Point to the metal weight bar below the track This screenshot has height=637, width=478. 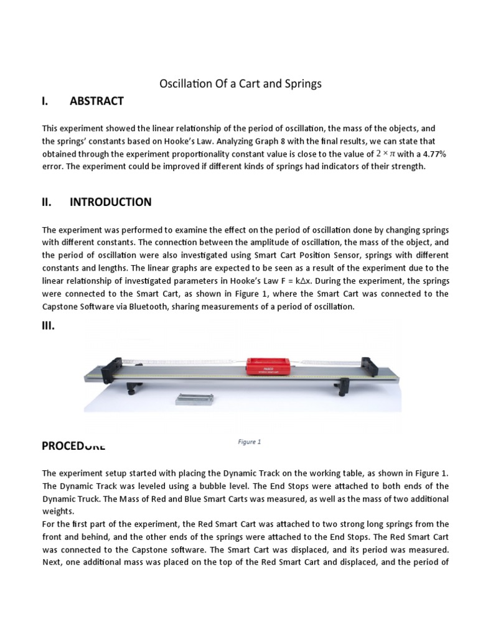195,398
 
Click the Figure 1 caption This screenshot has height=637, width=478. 249,442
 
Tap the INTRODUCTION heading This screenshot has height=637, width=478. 110,202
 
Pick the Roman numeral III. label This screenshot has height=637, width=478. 49,325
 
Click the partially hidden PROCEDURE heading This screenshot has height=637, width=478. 73,445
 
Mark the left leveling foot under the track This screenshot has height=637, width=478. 131,390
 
